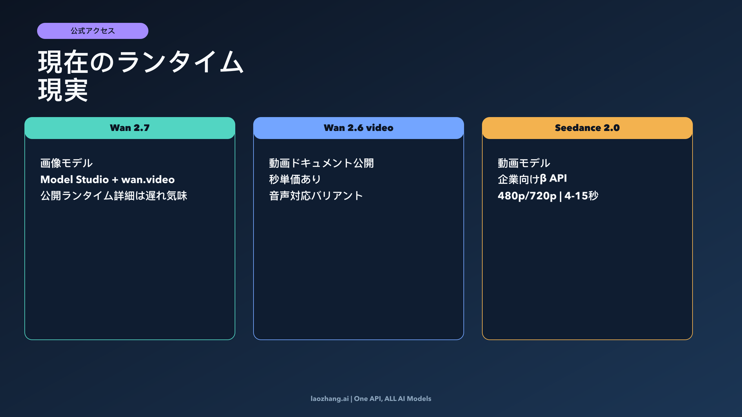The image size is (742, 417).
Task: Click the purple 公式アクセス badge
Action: (x=93, y=31)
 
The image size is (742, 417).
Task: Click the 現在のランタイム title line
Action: (x=141, y=62)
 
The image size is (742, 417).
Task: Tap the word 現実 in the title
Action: (x=63, y=90)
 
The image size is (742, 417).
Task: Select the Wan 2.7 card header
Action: (x=130, y=128)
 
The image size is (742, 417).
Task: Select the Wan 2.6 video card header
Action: (x=359, y=128)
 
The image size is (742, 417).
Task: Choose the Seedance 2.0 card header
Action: (x=587, y=128)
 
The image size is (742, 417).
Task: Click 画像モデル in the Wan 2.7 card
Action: (x=66, y=163)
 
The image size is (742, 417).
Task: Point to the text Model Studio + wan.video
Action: (x=108, y=179)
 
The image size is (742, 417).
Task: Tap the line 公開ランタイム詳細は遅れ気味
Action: (x=114, y=196)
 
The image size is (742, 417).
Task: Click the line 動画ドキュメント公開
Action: (x=322, y=163)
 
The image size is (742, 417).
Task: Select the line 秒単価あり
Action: (x=295, y=179)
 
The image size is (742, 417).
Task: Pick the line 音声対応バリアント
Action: (x=316, y=196)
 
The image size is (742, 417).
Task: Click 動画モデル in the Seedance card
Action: (x=524, y=163)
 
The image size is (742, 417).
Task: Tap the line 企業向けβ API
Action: (x=532, y=179)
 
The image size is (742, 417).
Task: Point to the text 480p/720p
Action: (x=527, y=196)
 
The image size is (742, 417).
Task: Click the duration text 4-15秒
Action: (x=582, y=196)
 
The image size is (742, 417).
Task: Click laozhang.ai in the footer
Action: (x=330, y=399)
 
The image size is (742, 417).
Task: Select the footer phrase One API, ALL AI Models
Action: (x=393, y=399)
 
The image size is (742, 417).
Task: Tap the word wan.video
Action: (x=148, y=179)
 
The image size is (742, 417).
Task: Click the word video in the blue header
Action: (x=380, y=128)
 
